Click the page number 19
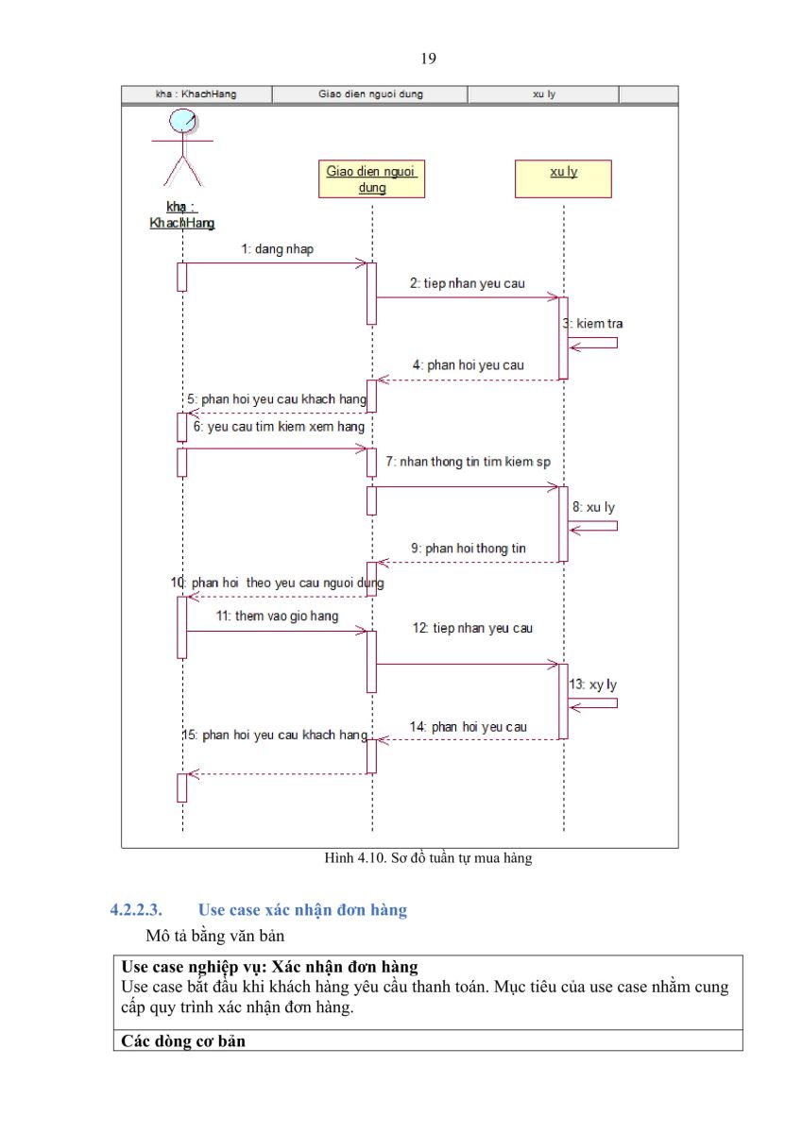coord(428,59)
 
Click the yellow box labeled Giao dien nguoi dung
coord(371,178)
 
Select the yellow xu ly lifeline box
coord(563,178)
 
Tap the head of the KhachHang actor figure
coord(182,122)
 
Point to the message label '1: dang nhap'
coord(278,249)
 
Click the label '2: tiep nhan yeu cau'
coord(467,283)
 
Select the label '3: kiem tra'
coord(592,323)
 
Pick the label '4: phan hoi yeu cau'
coord(468,364)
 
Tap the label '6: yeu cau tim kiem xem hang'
coord(279,427)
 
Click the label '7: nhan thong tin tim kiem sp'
coord(468,462)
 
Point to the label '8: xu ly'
coord(593,507)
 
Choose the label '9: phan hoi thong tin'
coord(468,548)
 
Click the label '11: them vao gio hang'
coord(278,616)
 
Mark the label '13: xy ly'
coord(593,685)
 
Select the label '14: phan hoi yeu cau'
coord(468,727)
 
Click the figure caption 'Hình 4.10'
coord(355,858)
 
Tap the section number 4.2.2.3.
coord(136,909)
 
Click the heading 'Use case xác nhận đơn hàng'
coord(302,909)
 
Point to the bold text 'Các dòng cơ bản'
coord(183,1040)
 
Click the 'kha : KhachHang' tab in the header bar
coord(196,94)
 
